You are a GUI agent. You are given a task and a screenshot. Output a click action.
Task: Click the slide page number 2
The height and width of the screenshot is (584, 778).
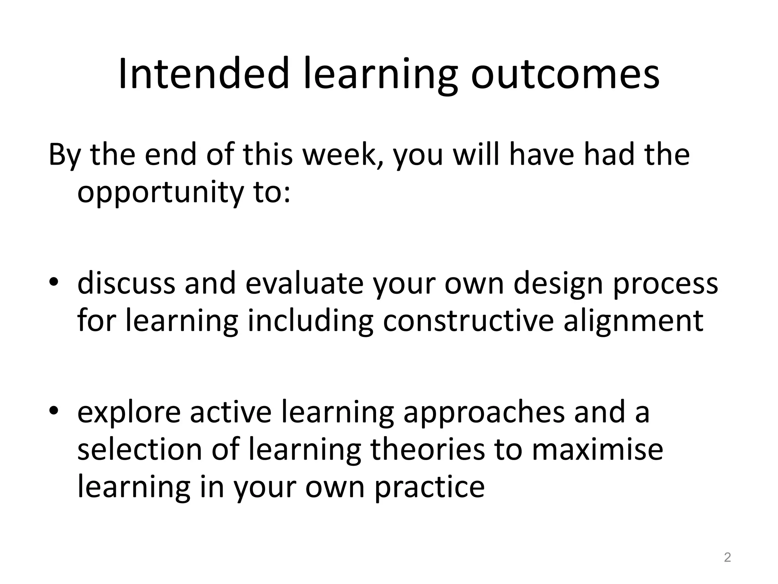click(x=727, y=557)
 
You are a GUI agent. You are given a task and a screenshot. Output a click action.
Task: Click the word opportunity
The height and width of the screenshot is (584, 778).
click(x=160, y=193)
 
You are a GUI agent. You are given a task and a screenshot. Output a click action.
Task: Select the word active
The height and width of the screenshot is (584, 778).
click(x=231, y=412)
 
